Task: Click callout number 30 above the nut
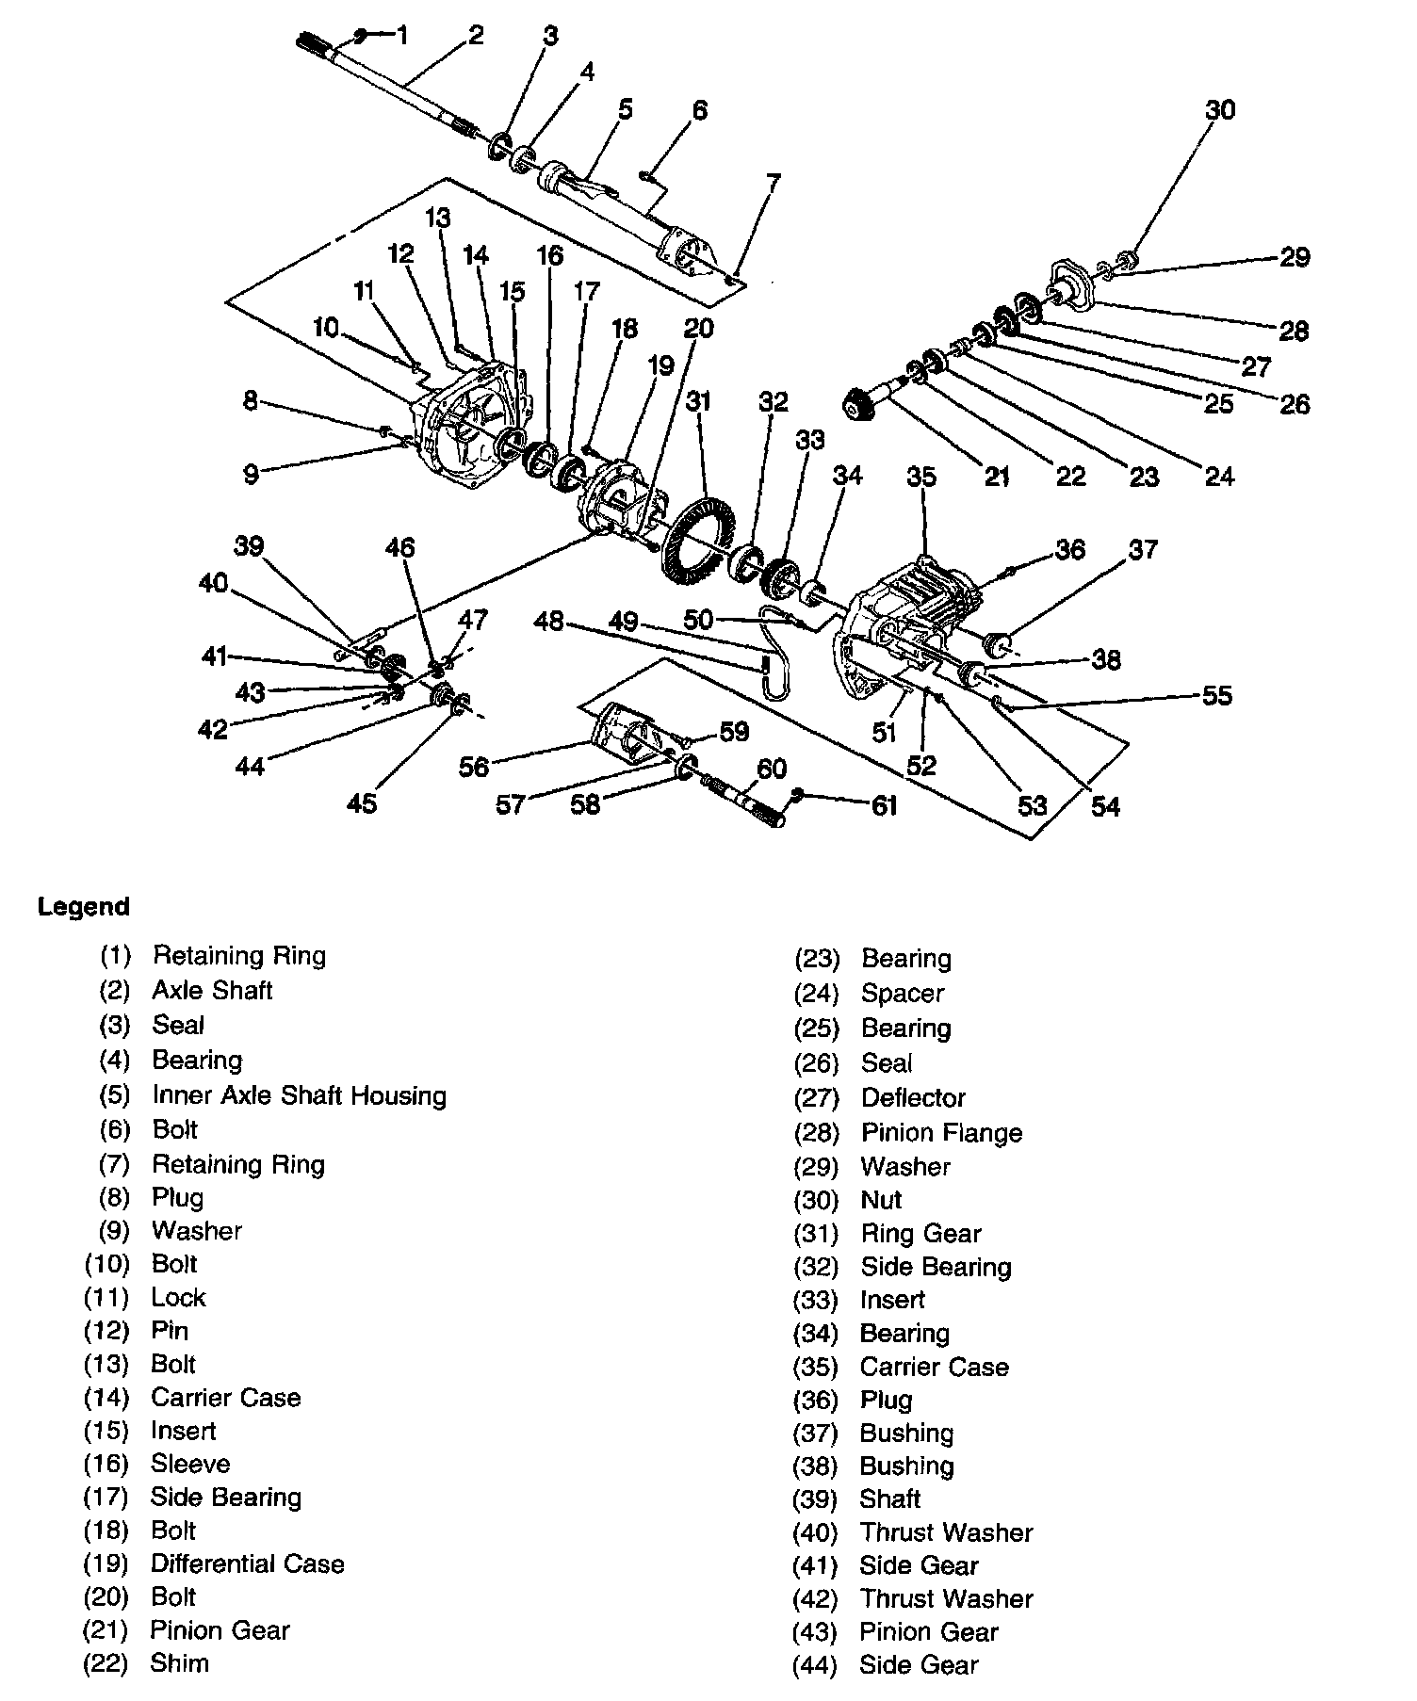tap(1220, 110)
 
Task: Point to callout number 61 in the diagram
tap(883, 805)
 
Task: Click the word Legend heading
tap(84, 907)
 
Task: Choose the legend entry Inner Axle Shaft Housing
tap(299, 1095)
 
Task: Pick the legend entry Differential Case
tap(247, 1563)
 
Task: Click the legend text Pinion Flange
tap(941, 1132)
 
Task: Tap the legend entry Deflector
tap(913, 1098)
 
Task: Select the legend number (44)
tap(816, 1665)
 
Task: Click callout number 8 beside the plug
tap(250, 401)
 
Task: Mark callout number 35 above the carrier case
tap(921, 477)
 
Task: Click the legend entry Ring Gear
tap(920, 1233)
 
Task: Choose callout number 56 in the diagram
tap(474, 768)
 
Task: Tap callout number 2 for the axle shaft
tap(476, 36)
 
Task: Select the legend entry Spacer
tap(902, 993)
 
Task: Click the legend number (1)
tap(115, 956)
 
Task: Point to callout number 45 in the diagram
tap(362, 803)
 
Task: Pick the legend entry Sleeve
tap(189, 1464)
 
